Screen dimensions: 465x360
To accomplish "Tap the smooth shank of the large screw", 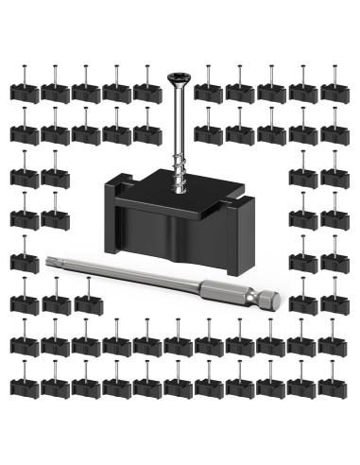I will (180, 123).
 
